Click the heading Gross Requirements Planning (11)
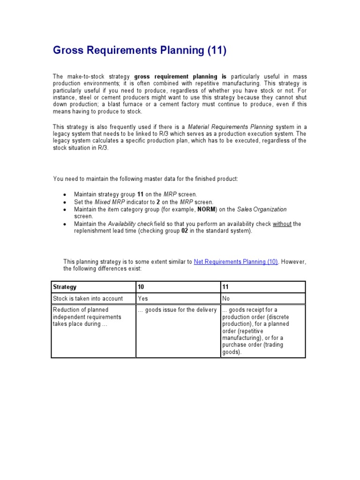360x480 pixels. (x=139, y=51)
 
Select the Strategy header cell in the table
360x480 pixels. (x=65, y=287)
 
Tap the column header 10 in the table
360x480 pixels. (x=141, y=287)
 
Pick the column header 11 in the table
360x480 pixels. (x=225, y=287)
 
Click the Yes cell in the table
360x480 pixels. (x=142, y=298)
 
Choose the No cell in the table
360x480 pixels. (x=226, y=298)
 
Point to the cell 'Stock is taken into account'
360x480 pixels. (x=88, y=298)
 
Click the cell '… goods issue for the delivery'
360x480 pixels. (x=177, y=310)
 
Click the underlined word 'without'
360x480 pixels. (x=282, y=224)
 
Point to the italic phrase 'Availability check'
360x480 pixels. (x=130, y=224)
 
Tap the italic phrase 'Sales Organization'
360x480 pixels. (x=262, y=209)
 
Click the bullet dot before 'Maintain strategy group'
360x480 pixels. (x=64, y=194)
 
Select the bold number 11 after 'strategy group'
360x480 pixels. (x=140, y=194)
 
